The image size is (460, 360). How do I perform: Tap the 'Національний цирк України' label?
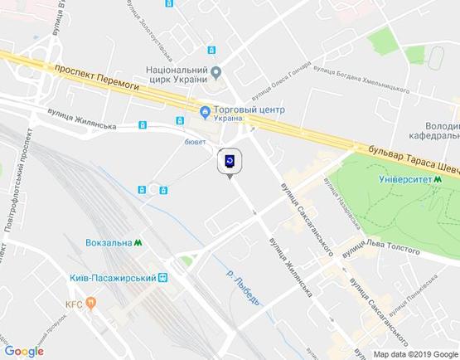tap(170, 76)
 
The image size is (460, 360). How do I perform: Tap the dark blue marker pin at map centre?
tap(230, 161)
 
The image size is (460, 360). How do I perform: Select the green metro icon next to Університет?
tap(436, 178)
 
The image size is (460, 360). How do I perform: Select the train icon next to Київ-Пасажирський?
tap(163, 278)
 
